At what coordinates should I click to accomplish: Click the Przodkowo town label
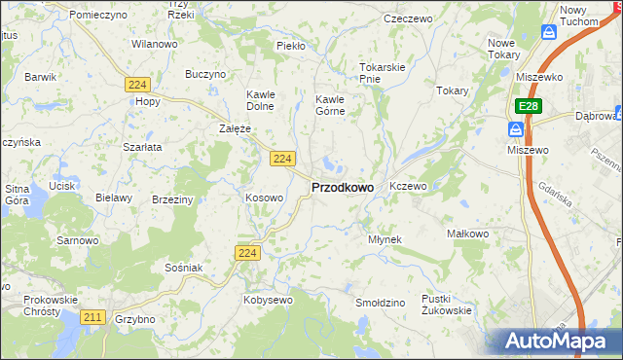pyautogui.click(x=342, y=188)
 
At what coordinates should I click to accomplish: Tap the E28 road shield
pyautogui.click(x=528, y=105)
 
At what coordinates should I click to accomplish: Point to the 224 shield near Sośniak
pyautogui.click(x=246, y=253)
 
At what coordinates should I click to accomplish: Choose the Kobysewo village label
pyautogui.click(x=268, y=300)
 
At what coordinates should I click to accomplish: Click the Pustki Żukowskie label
pyautogui.click(x=447, y=305)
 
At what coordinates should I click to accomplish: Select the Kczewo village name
pyautogui.click(x=408, y=185)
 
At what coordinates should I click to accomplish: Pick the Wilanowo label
pyautogui.click(x=154, y=44)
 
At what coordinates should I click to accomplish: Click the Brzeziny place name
pyautogui.click(x=173, y=198)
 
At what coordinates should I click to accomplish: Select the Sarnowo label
pyautogui.click(x=77, y=239)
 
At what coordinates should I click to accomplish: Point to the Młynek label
pyautogui.click(x=385, y=238)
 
